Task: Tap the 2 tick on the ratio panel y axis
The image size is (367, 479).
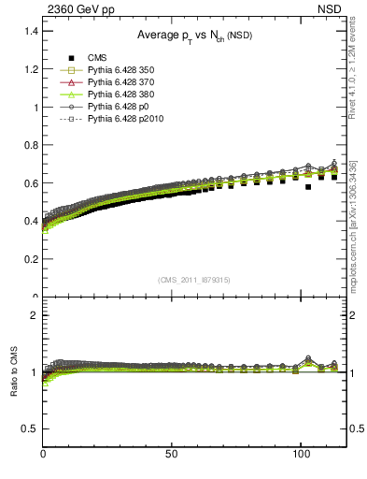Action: pos(35,315)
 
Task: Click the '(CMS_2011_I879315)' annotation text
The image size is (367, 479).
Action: pos(194,280)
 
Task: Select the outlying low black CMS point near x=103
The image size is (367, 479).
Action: pos(308,187)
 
